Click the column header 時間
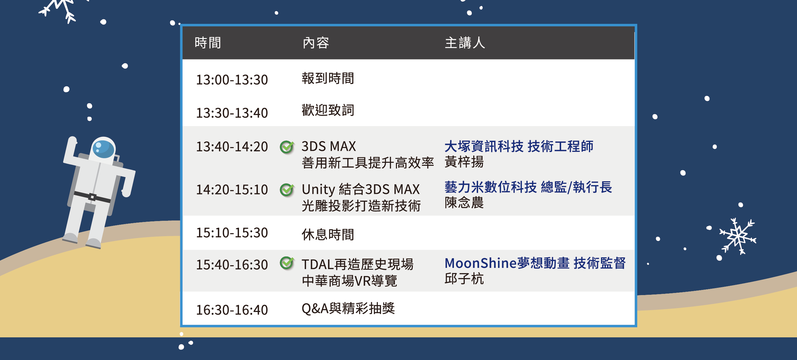click(x=207, y=43)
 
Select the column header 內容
click(x=316, y=43)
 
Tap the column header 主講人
click(x=465, y=43)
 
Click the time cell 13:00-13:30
click(x=232, y=80)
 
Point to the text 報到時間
click(x=328, y=78)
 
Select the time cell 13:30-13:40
click(x=232, y=113)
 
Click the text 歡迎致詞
click(x=328, y=110)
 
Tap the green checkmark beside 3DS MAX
click(x=287, y=146)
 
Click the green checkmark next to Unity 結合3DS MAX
click(x=287, y=190)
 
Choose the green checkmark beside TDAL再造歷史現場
click(x=287, y=263)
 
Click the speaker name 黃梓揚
click(x=464, y=162)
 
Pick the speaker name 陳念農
click(x=464, y=203)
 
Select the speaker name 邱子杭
click(x=464, y=279)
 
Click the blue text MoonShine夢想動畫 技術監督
click(x=535, y=263)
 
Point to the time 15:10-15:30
click(x=232, y=233)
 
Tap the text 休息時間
click(x=328, y=234)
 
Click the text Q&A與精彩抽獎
click(x=348, y=308)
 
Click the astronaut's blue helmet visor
click(x=103, y=149)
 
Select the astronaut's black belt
click(x=92, y=197)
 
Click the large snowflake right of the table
click(x=738, y=236)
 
